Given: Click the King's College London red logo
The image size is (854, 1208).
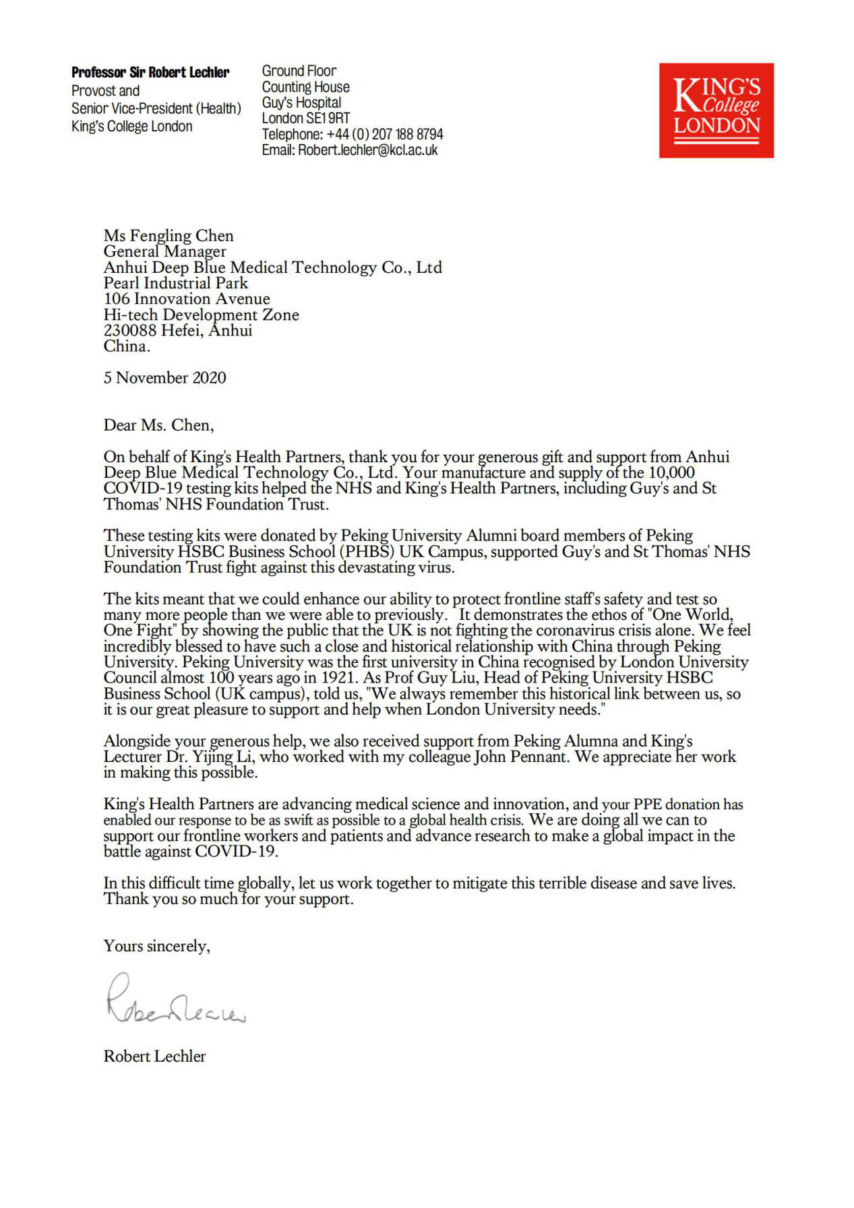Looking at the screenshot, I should tap(716, 110).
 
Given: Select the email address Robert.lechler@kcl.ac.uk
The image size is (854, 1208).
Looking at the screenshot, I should tap(367, 150).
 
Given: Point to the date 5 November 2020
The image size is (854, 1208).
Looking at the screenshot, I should tap(164, 378).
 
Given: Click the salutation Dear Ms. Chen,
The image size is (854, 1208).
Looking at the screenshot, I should tap(158, 425).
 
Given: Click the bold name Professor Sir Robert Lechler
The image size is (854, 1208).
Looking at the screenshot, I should tap(150, 73).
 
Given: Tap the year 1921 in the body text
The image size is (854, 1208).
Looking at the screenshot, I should tap(337, 678).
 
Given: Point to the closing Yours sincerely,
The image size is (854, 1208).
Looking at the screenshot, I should tap(156, 946).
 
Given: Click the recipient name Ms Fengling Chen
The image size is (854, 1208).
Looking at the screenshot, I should tap(169, 236).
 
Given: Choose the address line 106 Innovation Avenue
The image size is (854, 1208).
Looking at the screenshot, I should tap(187, 299).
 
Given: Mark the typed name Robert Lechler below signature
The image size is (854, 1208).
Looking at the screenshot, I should tap(154, 1056).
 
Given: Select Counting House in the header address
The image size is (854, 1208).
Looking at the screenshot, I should tap(305, 87).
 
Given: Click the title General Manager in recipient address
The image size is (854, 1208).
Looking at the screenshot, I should tap(164, 251).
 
